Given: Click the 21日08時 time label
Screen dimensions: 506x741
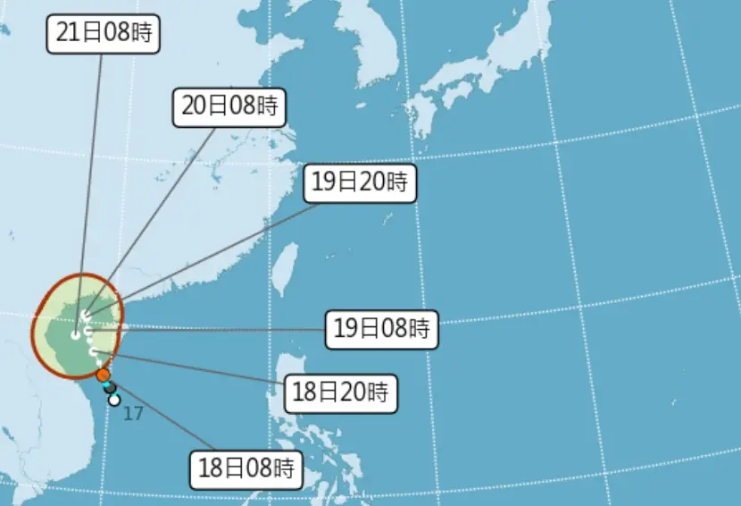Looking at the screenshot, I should point(104,33).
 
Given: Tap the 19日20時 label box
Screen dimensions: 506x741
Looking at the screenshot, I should point(360,183).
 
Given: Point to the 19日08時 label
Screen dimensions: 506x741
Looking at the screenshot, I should point(382,329).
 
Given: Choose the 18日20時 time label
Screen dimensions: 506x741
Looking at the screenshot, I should point(341,392).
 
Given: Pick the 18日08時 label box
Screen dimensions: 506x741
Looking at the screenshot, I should point(247,468).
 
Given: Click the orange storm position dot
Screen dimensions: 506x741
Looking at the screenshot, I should point(104,375).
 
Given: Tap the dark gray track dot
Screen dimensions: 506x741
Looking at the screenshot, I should point(110,388).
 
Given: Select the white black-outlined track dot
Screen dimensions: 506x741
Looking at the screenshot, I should point(114,400).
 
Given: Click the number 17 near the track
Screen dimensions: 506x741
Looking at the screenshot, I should point(133,414).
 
